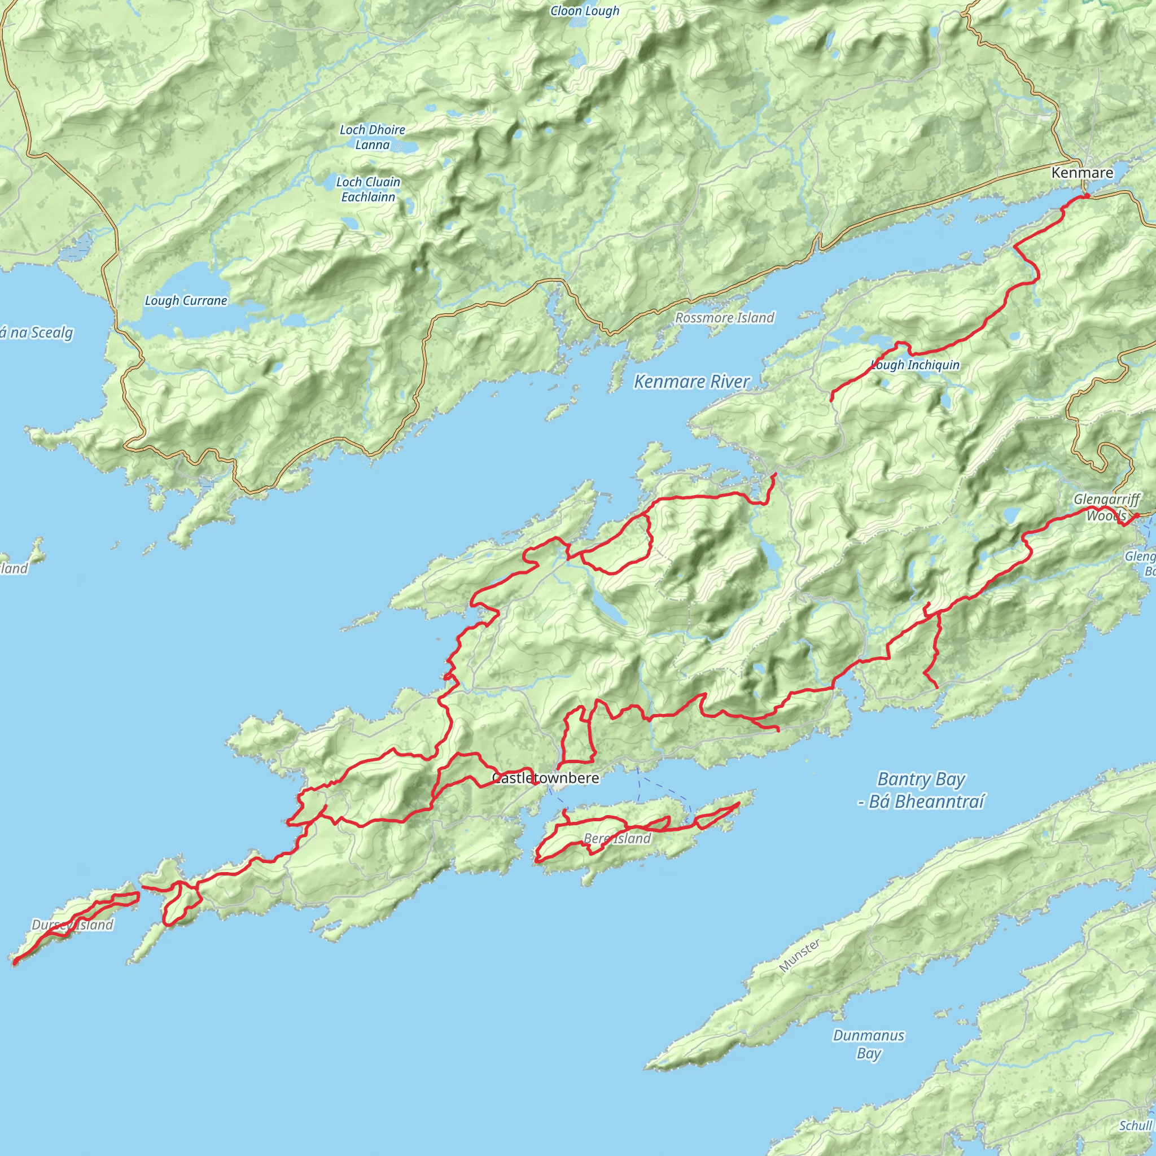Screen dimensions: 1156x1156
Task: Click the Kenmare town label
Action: (1083, 173)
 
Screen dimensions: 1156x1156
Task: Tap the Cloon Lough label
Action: (585, 11)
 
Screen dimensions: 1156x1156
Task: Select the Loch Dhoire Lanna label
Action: (372, 137)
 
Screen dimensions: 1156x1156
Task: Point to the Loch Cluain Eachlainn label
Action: (368, 189)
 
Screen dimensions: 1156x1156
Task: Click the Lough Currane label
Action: (186, 300)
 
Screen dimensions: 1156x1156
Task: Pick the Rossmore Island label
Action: (725, 318)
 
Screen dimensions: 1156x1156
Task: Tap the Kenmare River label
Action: (691, 381)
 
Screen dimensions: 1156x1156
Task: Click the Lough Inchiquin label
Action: (916, 365)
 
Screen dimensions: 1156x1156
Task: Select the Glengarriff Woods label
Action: (1106, 507)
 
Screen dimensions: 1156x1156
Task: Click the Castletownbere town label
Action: (545, 778)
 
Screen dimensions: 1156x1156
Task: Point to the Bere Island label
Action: (617, 838)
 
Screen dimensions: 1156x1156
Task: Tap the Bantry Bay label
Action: (921, 790)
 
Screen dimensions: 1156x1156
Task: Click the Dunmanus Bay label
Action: (868, 1044)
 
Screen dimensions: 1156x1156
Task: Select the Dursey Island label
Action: (72, 925)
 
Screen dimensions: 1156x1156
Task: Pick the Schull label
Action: (1135, 1126)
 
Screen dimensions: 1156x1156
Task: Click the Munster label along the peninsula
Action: (799, 956)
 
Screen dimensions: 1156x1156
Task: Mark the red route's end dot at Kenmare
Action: (1086, 196)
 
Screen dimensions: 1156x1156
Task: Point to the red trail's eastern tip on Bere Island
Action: (739, 804)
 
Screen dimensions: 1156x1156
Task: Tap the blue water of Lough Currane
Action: (179, 281)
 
